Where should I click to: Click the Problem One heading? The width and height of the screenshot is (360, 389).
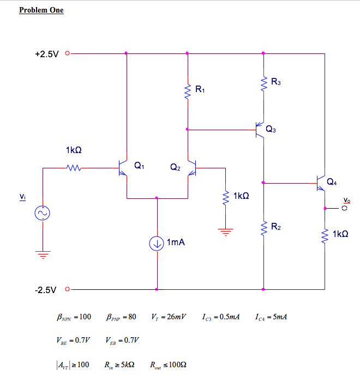coord(41,10)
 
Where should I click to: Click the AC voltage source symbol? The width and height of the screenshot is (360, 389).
coord(42,213)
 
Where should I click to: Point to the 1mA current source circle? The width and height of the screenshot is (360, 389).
coord(157,243)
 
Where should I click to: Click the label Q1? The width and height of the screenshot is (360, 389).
coord(139,165)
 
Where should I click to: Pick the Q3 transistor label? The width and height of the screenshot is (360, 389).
coord(271,129)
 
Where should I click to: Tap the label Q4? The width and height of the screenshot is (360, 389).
coord(332,181)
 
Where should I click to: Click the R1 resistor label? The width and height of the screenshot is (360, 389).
coord(200,89)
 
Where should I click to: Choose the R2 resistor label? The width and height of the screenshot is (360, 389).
coord(277,226)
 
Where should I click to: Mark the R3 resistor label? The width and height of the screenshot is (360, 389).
coord(276,82)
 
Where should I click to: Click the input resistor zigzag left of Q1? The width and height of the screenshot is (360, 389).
coord(74,168)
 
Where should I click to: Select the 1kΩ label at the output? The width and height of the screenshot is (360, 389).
coord(339,234)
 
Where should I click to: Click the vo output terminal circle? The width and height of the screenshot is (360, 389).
coord(344,208)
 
